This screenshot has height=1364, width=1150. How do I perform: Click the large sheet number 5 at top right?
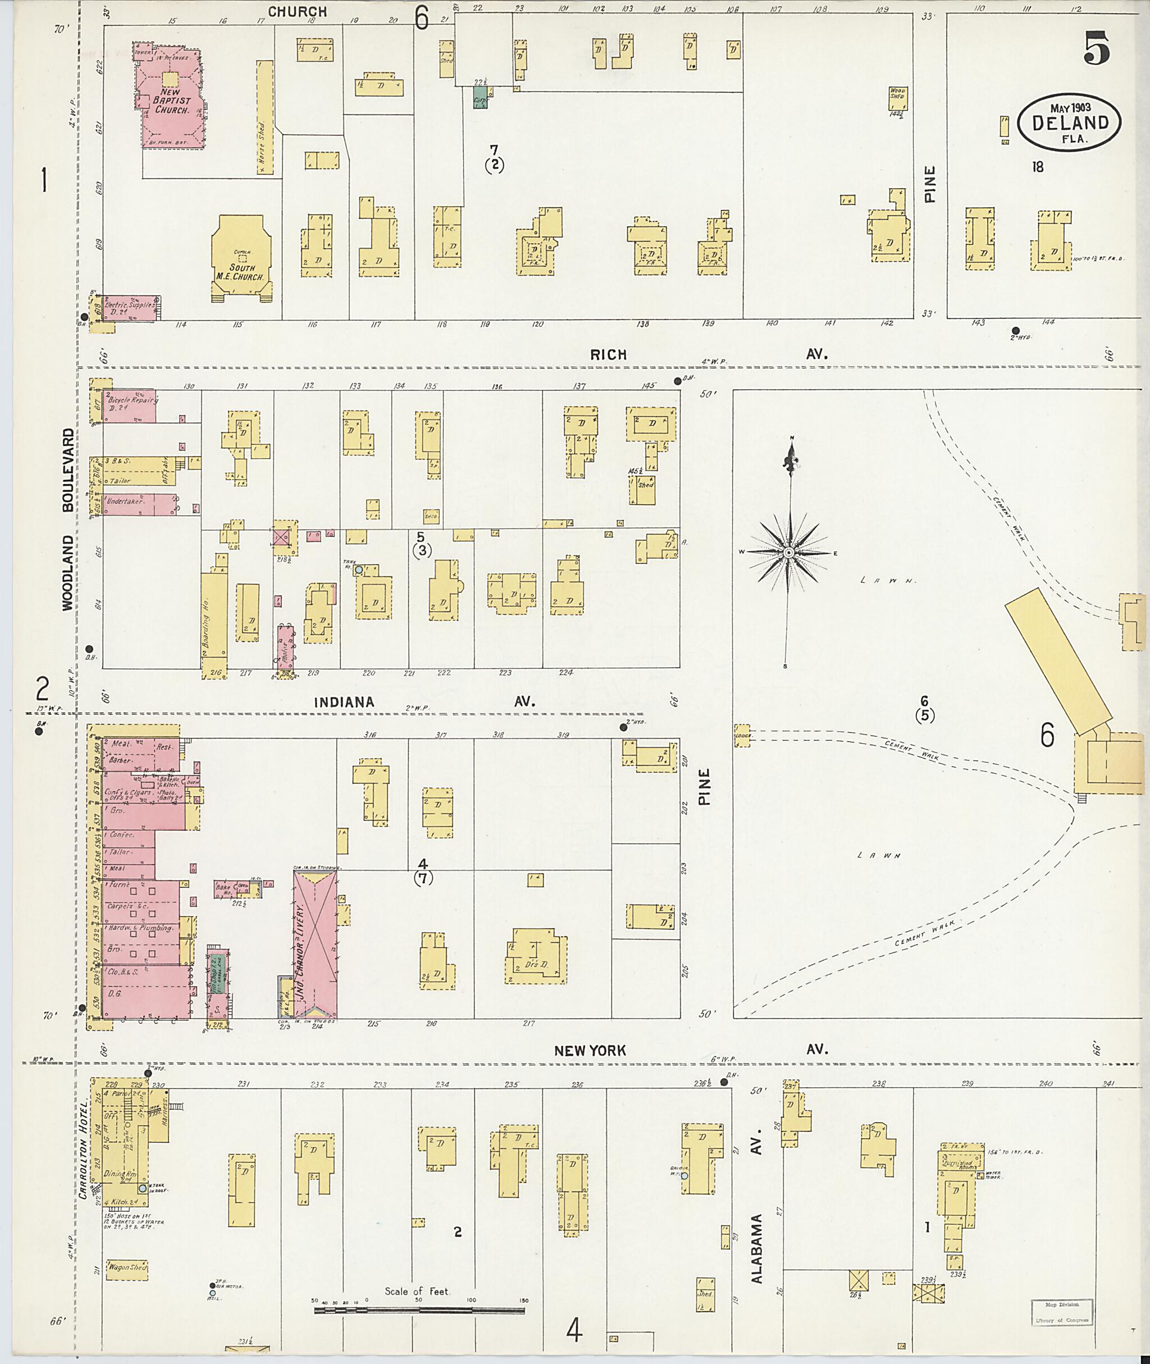point(1097,49)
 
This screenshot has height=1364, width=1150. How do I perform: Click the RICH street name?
point(608,355)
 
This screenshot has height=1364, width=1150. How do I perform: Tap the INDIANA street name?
point(344,702)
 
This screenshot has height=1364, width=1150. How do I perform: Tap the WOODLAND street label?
point(68,572)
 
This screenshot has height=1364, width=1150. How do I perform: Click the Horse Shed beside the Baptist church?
point(264,117)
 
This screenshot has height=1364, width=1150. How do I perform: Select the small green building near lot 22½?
point(480,99)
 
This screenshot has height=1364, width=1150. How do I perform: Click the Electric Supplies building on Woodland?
point(130,307)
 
